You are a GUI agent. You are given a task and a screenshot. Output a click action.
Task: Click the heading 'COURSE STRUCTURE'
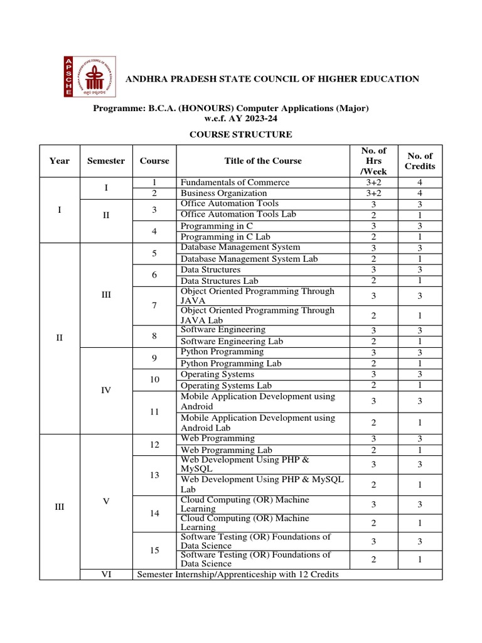[x=241, y=134]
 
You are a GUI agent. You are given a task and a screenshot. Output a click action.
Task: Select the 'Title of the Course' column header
[x=263, y=161]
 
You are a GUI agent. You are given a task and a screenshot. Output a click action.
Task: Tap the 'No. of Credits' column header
[x=420, y=161]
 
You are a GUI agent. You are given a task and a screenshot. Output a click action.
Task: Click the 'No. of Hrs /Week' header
[x=374, y=161]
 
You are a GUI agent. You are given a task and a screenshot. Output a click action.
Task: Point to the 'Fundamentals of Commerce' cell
[x=235, y=183]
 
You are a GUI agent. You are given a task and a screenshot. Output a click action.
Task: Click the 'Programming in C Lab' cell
[x=225, y=237]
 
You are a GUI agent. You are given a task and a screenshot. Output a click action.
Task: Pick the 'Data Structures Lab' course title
[x=219, y=281]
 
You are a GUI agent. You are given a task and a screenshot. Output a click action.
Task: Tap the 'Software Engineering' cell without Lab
[x=223, y=330]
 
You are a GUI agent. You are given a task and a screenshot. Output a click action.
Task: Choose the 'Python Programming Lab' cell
[x=231, y=364]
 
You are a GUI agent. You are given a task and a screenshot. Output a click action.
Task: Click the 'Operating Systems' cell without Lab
[x=217, y=374]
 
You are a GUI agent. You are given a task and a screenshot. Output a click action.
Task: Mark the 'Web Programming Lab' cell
[x=226, y=450]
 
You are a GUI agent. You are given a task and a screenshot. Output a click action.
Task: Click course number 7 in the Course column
[x=154, y=305]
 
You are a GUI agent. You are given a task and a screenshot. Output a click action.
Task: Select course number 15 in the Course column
[x=154, y=550]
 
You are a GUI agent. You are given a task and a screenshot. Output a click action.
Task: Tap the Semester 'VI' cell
[x=106, y=574]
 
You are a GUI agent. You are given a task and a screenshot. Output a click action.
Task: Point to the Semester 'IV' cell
[x=106, y=390]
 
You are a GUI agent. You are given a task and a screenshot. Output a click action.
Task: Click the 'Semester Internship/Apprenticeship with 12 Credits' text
[x=238, y=574]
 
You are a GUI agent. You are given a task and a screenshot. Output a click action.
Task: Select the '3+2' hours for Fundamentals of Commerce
[x=374, y=183]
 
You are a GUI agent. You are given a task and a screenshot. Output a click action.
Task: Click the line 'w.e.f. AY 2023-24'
[x=241, y=118]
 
